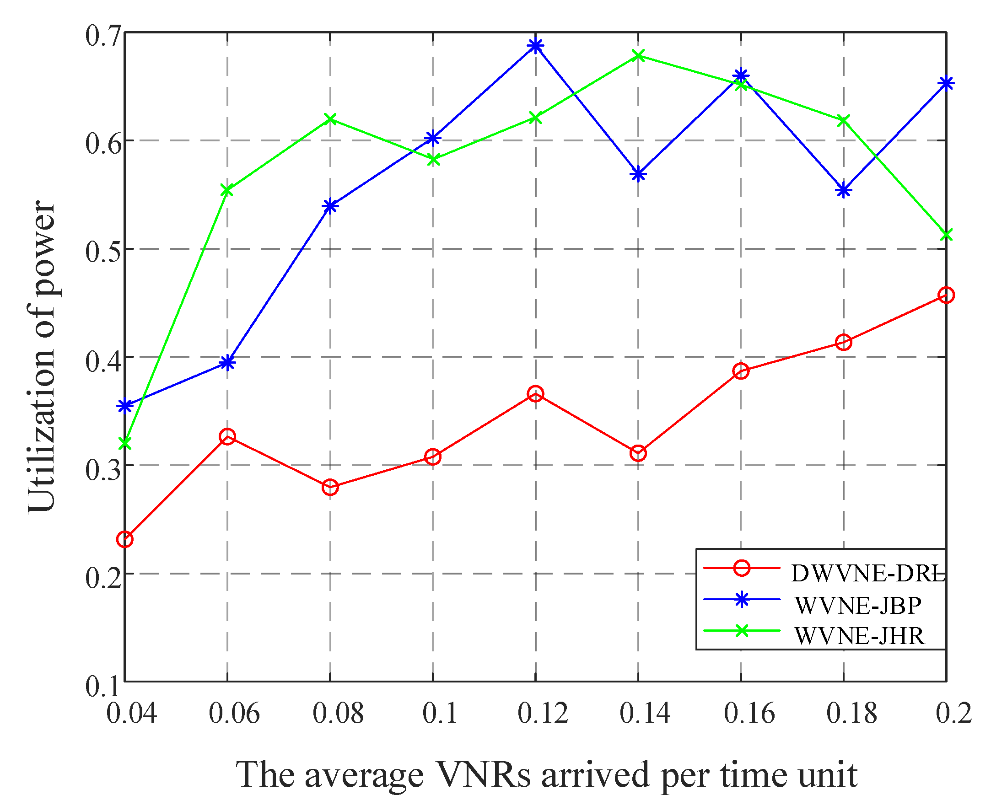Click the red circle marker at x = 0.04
[125, 540]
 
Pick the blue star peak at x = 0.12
[535, 45]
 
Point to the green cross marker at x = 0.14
[638, 56]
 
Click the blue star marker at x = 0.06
[227, 362]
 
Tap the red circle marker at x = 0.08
[330, 487]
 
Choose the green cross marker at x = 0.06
[227, 190]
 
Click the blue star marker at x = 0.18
[843, 191]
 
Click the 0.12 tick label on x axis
[543, 714]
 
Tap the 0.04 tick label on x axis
[131, 714]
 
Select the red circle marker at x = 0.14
[638, 453]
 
